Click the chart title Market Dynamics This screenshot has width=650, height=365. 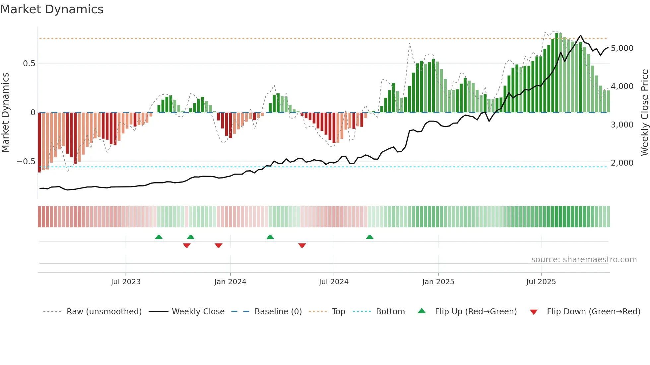pos(52,9)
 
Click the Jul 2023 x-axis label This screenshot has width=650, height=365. pos(126,282)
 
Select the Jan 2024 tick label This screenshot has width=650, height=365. pos(230,282)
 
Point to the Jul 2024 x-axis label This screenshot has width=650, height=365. pos(334,282)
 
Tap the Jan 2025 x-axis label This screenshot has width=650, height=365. pos(438,282)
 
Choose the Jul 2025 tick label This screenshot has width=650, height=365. pos(541,282)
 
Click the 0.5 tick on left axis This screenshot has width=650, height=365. pos(29,64)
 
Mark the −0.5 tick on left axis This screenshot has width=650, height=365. pos(26,162)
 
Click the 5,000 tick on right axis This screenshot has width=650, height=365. pos(622,48)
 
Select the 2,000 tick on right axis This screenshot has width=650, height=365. pos(622,163)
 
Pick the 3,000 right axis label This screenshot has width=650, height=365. pos(622,125)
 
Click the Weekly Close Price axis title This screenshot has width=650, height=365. pos(644,113)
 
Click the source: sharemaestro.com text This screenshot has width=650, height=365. pos(584,260)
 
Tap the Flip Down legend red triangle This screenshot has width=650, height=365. pos(534,312)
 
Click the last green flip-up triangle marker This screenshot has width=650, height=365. pos(369,237)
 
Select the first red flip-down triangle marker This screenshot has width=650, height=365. pos(187,245)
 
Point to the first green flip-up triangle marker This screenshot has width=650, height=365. pos(159,237)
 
